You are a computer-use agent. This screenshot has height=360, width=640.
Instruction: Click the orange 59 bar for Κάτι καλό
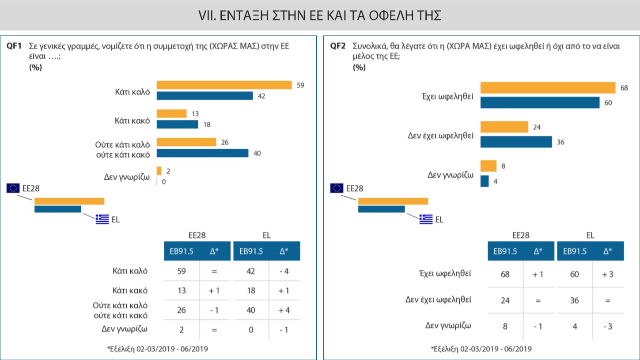pyautogui.click(x=224, y=85)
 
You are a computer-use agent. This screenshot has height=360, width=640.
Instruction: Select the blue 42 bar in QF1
pyautogui.click(x=204, y=96)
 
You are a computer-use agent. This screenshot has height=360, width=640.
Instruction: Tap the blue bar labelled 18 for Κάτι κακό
pyautogui.click(x=177, y=125)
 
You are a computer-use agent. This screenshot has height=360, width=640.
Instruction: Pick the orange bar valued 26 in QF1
pyautogui.click(x=186, y=142)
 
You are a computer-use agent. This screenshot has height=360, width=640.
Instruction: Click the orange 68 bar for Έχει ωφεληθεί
pyautogui.click(x=548, y=87)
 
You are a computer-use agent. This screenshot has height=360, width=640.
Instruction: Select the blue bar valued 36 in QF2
pyautogui.click(x=516, y=142)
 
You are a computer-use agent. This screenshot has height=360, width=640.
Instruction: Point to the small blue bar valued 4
pyautogui.click(x=485, y=181)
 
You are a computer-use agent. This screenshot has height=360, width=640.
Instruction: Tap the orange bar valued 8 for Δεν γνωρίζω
pyautogui.click(x=489, y=166)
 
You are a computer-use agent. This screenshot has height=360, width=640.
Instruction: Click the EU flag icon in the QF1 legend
pyautogui.click(x=13, y=188)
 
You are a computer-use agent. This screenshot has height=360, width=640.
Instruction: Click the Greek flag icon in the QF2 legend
pyautogui.click(x=426, y=219)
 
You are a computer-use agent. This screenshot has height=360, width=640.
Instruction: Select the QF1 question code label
pyautogui.click(x=14, y=46)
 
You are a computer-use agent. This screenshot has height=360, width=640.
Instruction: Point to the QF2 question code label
pyautogui.click(x=338, y=46)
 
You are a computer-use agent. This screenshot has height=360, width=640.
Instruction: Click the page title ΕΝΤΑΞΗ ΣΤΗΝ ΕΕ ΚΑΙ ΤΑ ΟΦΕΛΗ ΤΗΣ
pyautogui.click(x=320, y=16)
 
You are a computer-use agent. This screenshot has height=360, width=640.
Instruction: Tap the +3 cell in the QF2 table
pyautogui.click(x=607, y=274)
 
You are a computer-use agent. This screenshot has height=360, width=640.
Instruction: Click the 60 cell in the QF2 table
pyautogui.click(x=574, y=274)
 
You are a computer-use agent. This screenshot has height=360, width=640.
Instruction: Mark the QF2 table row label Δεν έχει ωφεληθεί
pyautogui.click(x=439, y=300)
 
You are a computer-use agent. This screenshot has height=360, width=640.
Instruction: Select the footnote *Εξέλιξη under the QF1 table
pyautogui.click(x=157, y=349)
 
